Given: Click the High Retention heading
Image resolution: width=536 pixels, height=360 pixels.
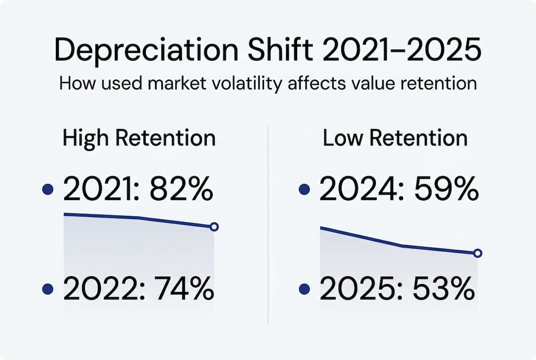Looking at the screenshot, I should [x=139, y=138].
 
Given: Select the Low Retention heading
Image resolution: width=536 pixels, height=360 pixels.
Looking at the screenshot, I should [x=395, y=138].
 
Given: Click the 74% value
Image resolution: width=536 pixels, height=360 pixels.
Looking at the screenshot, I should [x=184, y=289].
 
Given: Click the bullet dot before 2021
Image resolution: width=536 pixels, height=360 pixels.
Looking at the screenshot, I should [x=48, y=190].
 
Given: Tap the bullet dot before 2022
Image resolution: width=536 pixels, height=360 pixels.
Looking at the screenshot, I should [x=48, y=289].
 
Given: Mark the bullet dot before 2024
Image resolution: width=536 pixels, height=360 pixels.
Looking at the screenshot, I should [x=304, y=190].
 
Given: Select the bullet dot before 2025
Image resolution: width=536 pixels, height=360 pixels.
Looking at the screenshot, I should [x=304, y=289].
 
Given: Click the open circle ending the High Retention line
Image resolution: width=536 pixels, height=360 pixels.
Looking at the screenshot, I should [x=214, y=227].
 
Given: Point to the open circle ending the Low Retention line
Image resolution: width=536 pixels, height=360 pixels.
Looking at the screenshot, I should [x=477, y=253].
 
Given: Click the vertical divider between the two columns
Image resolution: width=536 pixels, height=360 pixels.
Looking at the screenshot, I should [x=268, y=225].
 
